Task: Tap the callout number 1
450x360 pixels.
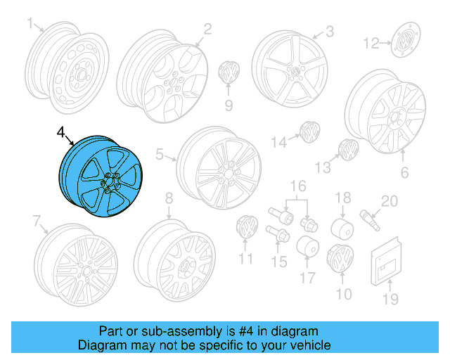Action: tap(30, 25)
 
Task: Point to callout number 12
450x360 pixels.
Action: tap(370, 45)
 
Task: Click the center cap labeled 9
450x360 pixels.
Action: tap(229, 73)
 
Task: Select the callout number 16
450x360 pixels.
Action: tap(300, 186)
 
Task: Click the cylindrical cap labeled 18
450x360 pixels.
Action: tap(342, 227)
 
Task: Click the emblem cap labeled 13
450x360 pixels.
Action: tap(347, 149)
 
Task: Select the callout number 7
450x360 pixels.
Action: tap(37, 222)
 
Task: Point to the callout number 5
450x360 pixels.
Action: tap(159, 154)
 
